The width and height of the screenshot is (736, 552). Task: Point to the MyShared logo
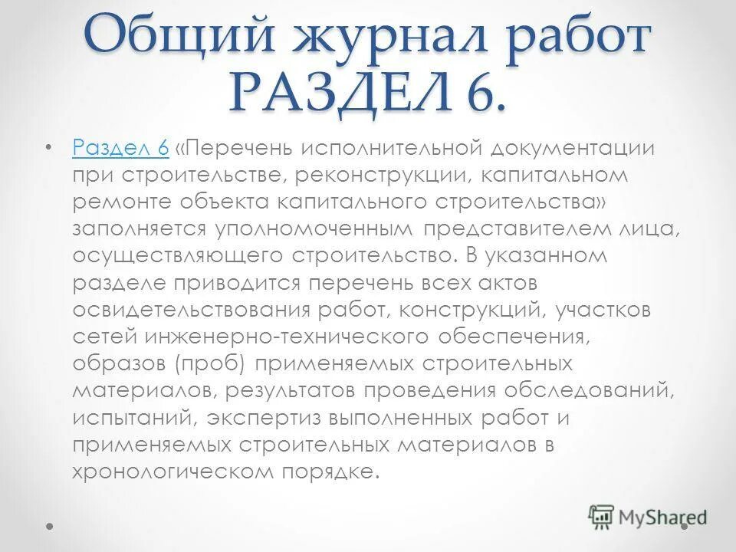pyautogui.click(x=649, y=517)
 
